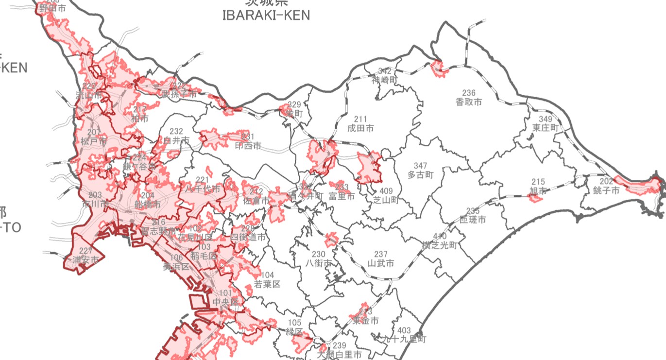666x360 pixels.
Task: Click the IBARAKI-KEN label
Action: click(266, 15)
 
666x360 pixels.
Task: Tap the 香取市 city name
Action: click(469, 102)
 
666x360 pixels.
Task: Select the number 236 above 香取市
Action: click(469, 93)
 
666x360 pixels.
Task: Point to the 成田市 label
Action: click(360, 128)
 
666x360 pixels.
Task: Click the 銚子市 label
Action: click(606, 190)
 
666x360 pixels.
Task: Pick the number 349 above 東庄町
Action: click(546, 119)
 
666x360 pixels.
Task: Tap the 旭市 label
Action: click(539, 190)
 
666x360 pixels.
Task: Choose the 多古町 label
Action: click(420, 175)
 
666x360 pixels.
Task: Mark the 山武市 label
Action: click(381, 263)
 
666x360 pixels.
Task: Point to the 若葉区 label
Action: click(267, 284)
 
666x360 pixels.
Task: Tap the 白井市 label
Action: click(176, 140)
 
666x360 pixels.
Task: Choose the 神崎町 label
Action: click(385, 80)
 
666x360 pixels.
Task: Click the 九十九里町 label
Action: click(404, 339)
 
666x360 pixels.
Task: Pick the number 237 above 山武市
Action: click(381, 254)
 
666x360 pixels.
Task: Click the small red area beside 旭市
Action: click(535, 198)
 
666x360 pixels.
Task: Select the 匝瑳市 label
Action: click(473, 220)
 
